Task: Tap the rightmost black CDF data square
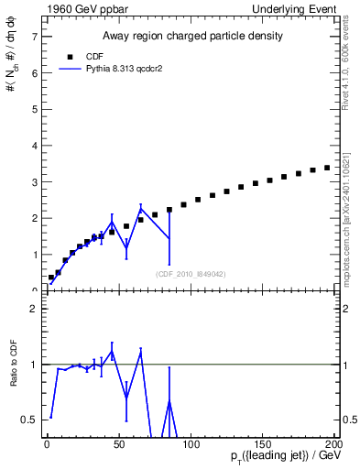coord(327,168)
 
